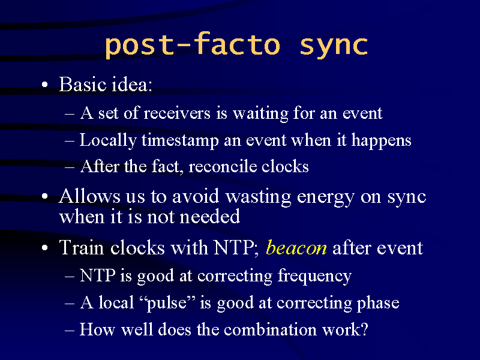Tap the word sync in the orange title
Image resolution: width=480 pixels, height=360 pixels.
334,47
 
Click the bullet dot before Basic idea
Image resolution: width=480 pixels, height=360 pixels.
44,85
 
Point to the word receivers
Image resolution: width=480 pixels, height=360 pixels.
177,113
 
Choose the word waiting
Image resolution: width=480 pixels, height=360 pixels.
260,113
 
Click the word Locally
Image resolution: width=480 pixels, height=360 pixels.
108,141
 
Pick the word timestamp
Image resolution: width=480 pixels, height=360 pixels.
181,141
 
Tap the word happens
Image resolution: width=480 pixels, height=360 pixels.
381,141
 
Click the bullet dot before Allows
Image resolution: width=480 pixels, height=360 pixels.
44,196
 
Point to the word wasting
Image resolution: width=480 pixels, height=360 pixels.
259,197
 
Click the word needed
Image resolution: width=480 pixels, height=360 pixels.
210,217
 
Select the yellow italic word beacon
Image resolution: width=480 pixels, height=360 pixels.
296,247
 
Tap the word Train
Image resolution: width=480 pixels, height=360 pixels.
82,247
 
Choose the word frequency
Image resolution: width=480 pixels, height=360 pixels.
314,277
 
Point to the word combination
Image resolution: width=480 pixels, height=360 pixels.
270,329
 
